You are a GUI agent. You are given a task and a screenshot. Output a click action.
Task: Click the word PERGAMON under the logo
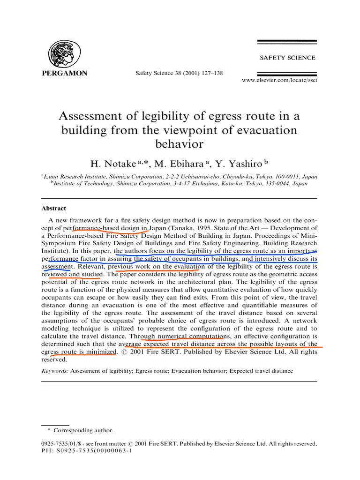[x=65, y=74]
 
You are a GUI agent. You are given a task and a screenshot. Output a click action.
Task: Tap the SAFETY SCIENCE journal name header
[x=287, y=58]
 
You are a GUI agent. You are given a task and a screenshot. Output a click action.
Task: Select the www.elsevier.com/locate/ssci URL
[x=279, y=81]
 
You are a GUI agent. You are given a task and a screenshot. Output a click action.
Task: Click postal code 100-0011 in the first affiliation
[x=285, y=177]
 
